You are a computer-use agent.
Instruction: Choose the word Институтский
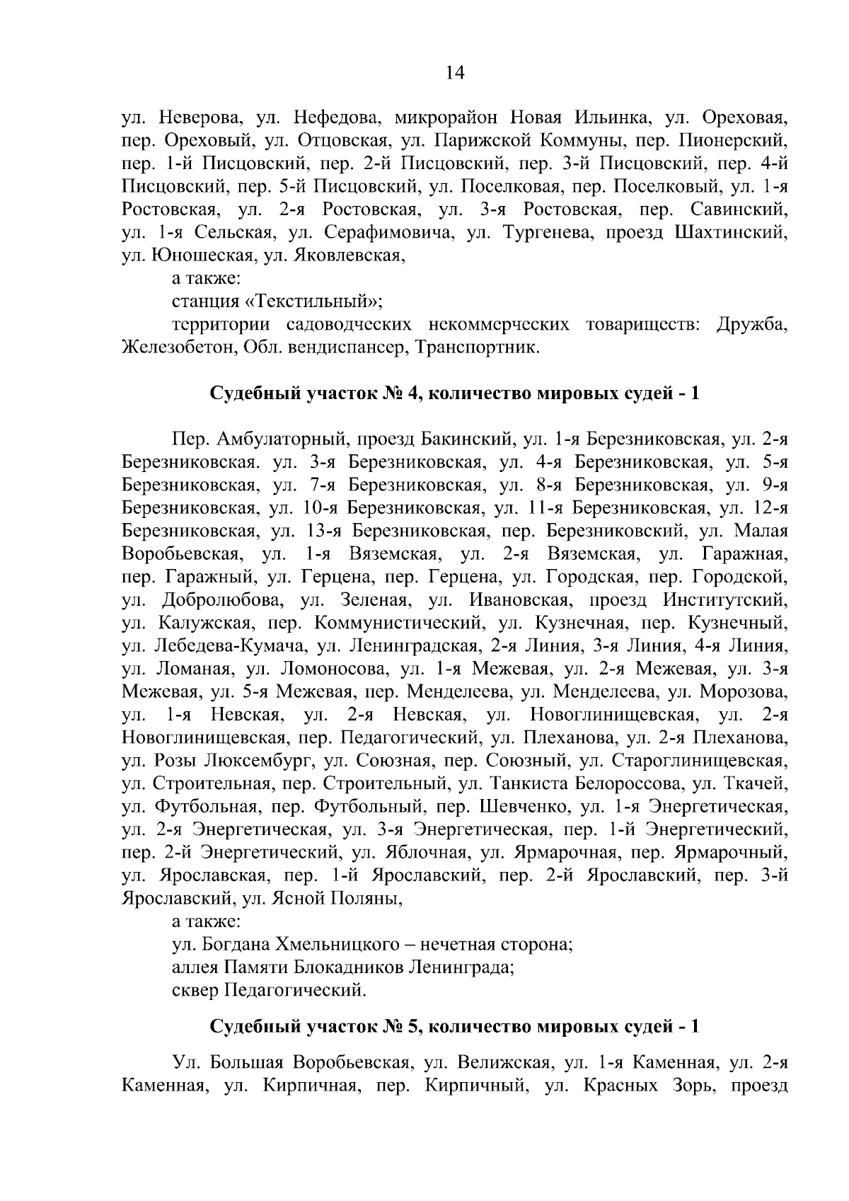[725, 601]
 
